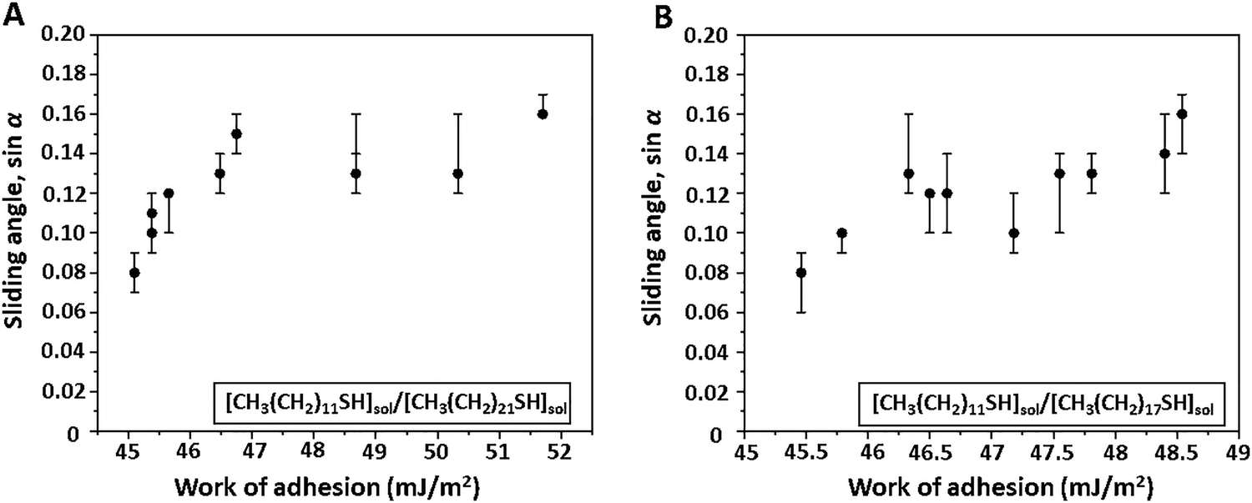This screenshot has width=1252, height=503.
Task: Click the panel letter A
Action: [13, 14]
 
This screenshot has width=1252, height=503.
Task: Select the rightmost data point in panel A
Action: [543, 113]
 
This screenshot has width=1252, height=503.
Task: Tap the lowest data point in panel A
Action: [134, 273]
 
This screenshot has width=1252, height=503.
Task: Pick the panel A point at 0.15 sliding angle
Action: [236, 133]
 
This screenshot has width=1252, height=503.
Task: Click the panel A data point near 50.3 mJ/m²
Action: [457, 174]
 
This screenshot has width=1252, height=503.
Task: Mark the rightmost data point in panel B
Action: [1182, 113]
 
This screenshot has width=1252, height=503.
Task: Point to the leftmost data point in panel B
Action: [801, 273]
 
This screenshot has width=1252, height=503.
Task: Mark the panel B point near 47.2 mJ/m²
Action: [1014, 233]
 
